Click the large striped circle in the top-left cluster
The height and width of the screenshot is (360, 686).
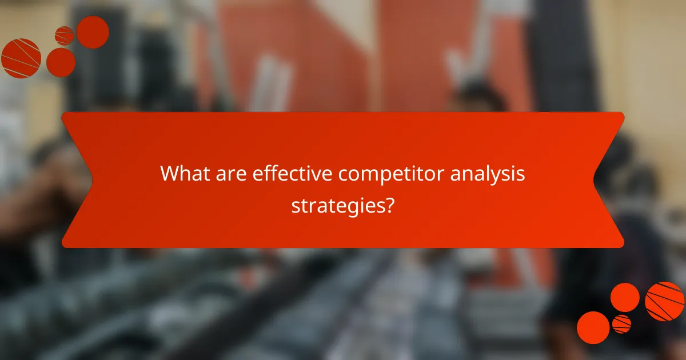(21, 58)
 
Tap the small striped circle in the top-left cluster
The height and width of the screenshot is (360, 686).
(64, 35)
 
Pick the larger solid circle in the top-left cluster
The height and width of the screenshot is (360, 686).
(93, 32)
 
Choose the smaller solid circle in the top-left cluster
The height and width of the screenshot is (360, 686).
(61, 62)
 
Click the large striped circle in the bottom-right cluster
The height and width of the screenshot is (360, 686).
(665, 301)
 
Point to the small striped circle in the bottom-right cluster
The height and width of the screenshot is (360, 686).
(621, 323)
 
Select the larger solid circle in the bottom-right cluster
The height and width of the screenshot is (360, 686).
(593, 327)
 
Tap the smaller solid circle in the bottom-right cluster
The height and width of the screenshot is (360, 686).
(625, 297)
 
